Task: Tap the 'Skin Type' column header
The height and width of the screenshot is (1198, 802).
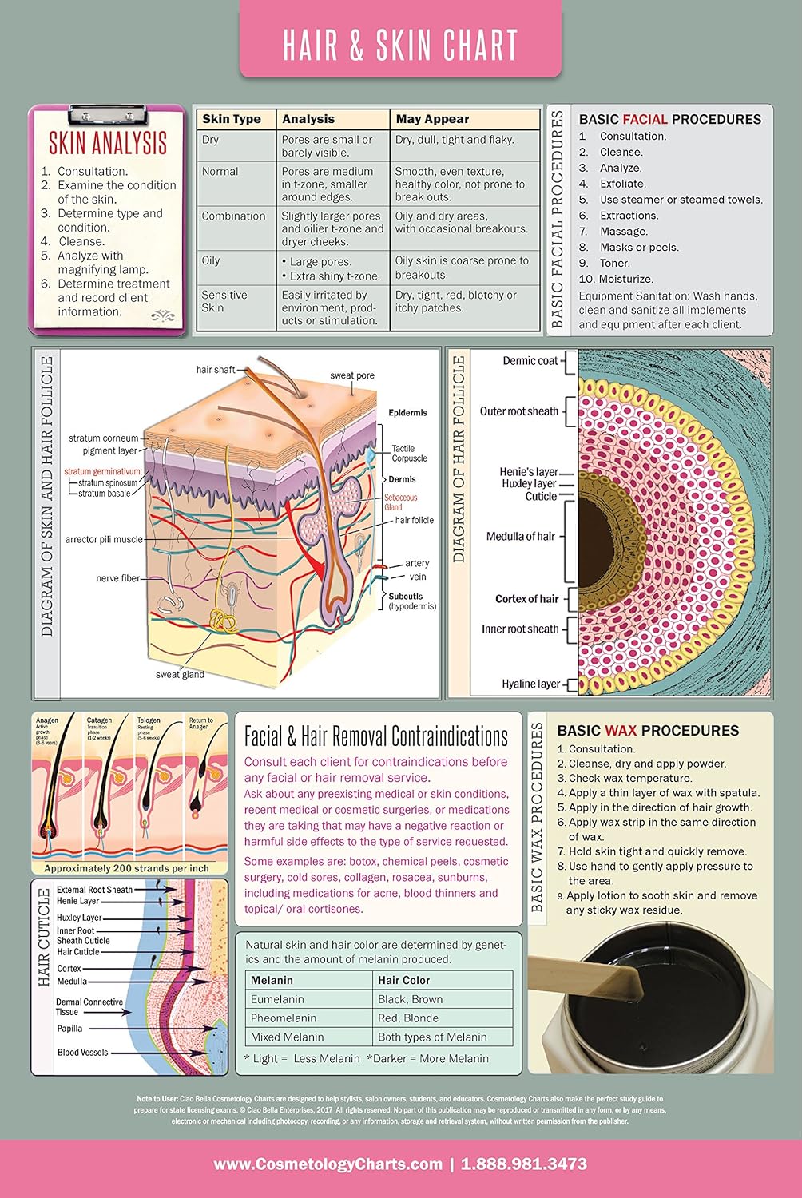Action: point(232,119)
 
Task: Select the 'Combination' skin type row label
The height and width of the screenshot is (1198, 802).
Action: point(233,216)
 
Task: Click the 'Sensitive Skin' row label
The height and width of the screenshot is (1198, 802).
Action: point(224,301)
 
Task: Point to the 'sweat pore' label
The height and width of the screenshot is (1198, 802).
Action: point(352,375)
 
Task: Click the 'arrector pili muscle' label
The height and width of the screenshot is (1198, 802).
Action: point(104,540)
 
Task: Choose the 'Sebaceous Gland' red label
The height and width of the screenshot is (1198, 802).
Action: point(400,502)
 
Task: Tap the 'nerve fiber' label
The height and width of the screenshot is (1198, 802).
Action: point(117,578)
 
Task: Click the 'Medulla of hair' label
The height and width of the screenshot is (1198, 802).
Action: point(520,537)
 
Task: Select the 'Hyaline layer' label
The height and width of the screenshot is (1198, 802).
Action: point(530,684)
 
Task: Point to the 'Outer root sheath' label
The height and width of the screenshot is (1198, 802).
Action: point(519,411)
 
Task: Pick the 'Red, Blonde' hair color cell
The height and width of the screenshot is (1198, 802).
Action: point(408,1018)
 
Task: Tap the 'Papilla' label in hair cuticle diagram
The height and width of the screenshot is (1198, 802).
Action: point(69,1029)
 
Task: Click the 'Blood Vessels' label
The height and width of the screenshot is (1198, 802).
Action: point(82,1053)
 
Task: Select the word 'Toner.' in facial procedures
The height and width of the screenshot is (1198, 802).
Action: point(615,263)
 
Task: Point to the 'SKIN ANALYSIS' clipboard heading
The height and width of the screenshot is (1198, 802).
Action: point(108,144)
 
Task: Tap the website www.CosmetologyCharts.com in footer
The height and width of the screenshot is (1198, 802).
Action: point(328,1164)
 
